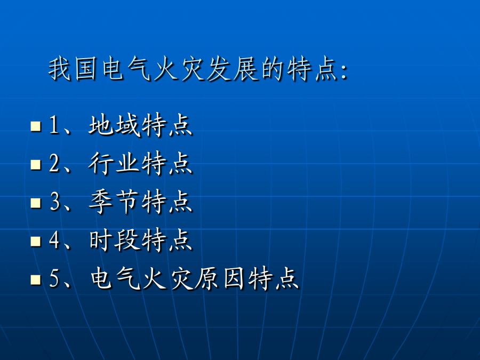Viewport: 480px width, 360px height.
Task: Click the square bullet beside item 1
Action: click(36, 126)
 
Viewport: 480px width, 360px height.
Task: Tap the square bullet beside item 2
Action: click(36, 164)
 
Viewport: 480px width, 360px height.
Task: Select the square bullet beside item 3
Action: click(36, 203)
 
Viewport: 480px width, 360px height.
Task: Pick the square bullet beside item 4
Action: click(36, 241)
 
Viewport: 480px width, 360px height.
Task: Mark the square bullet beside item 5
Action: click(36, 279)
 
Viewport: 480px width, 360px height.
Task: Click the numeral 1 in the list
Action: click(54, 125)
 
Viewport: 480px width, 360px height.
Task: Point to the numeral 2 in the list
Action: click(54, 163)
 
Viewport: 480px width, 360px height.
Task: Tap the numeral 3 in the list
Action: click(55, 202)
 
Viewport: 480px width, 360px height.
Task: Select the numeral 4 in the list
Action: click(54, 239)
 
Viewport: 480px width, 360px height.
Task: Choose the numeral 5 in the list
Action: click(55, 278)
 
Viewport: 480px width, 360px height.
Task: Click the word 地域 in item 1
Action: click(115, 125)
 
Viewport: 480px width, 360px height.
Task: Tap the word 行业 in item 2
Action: click(115, 163)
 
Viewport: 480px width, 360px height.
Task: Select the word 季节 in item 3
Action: click(115, 202)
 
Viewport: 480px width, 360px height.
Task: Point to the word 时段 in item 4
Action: click(115, 240)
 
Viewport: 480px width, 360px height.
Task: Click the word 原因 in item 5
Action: click(220, 278)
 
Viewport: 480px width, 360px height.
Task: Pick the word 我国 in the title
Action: click(73, 69)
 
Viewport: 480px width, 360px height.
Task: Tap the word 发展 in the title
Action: click(233, 69)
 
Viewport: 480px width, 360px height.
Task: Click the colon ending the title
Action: click(345, 71)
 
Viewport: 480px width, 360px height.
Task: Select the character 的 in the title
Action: click(273, 69)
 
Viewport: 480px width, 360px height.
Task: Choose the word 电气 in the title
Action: click(126, 69)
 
